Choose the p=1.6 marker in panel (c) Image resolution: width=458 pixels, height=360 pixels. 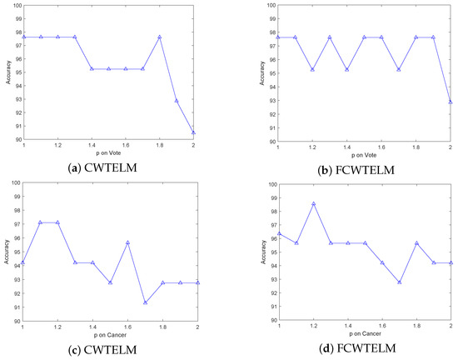pos(127,242)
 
